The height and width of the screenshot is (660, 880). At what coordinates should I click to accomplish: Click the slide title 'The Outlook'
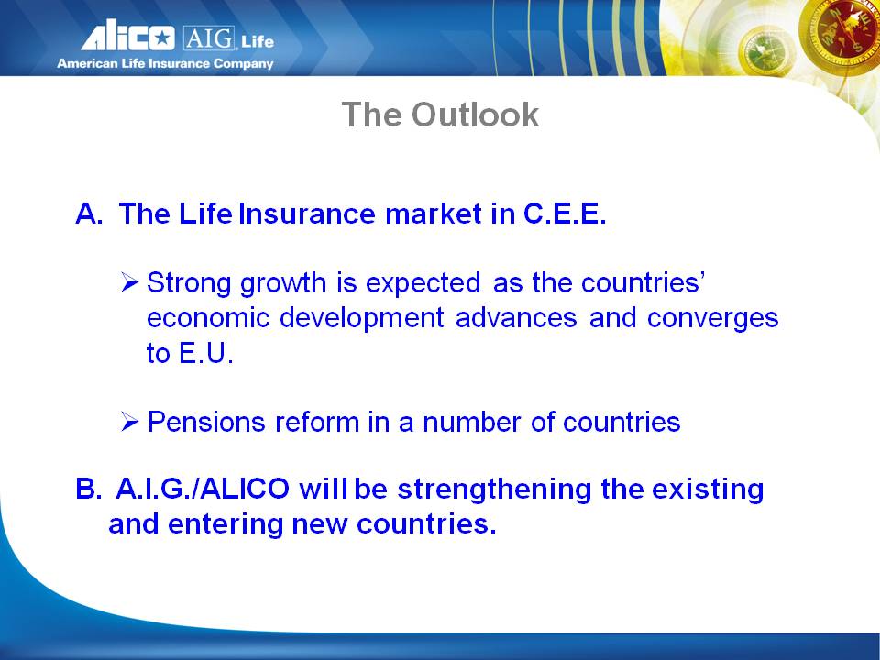[440, 115]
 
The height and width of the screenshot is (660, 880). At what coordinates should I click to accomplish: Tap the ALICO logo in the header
[128, 36]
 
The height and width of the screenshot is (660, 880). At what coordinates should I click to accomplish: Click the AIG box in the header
[209, 38]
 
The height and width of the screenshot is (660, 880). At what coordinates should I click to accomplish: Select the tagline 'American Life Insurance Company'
[165, 63]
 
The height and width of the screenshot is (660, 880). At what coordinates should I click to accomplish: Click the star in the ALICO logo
[162, 38]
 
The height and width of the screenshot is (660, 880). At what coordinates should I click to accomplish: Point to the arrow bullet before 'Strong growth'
[129, 281]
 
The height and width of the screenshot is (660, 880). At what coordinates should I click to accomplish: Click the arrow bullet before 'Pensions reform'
[129, 422]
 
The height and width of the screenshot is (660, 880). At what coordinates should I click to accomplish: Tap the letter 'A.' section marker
[89, 214]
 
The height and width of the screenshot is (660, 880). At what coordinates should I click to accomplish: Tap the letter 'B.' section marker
[89, 489]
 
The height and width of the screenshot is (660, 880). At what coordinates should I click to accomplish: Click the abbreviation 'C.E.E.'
[565, 214]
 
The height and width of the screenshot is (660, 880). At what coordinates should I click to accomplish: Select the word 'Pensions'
[206, 422]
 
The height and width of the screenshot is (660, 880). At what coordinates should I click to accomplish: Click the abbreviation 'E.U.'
[205, 353]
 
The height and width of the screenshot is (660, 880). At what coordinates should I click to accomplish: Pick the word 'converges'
[713, 319]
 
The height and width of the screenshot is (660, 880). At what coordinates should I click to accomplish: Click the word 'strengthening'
[494, 489]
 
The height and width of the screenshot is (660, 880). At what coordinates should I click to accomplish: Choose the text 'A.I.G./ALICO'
[203, 489]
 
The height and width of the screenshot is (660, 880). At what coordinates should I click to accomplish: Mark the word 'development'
[362, 319]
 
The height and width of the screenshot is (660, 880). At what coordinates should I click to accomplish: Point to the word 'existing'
[707, 489]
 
